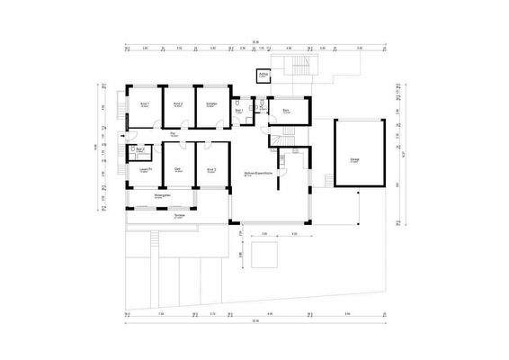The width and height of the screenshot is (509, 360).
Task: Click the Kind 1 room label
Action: tap(145, 104)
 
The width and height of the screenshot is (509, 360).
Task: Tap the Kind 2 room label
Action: tap(178, 104)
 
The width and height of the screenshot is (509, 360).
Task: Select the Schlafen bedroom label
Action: tap(212, 104)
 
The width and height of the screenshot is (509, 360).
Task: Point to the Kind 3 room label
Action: tap(212, 169)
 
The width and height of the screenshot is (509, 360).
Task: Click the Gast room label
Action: tap(178, 169)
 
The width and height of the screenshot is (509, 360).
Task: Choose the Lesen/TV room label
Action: tap(145, 169)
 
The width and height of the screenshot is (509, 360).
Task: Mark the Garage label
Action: tap(355, 160)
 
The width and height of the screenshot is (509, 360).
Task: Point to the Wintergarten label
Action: tap(163, 196)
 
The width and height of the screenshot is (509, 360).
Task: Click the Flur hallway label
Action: tap(173, 133)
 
